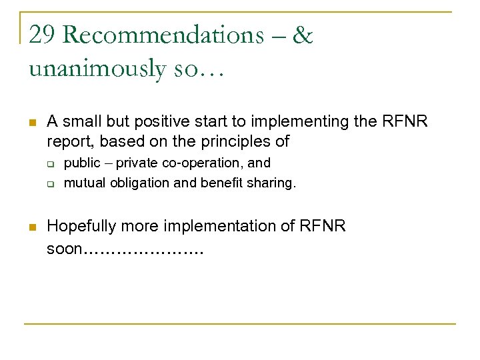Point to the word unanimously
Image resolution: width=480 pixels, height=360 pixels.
coord(97,68)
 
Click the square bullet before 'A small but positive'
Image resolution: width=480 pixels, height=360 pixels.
coord(31,123)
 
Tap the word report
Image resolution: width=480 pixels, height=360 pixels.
coord(65,141)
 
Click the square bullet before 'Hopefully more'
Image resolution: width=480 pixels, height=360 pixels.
coord(31,227)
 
